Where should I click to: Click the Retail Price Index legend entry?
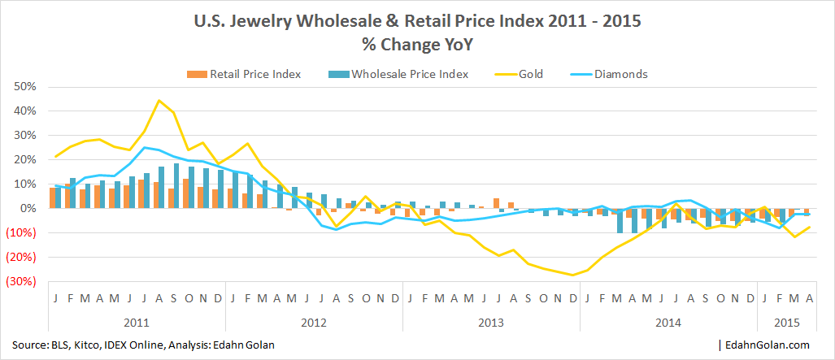pyautogui.click(x=255, y=74)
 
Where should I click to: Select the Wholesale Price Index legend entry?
pyautogui.click(x=410, y=74)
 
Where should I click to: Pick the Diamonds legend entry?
pyautogui.click(x=620, y=74)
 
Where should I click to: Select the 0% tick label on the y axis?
pyautogui.click(x=30, y=209)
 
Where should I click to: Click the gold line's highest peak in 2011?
pyautogui.click(x=159, y=101)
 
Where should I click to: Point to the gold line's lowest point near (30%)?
pyautogui.click(x=573, y=275)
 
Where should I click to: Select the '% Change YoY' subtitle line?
pyautogui.click(x=417, y=45)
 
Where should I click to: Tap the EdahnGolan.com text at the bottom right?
pyautogui.click(x=772, y=345)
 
